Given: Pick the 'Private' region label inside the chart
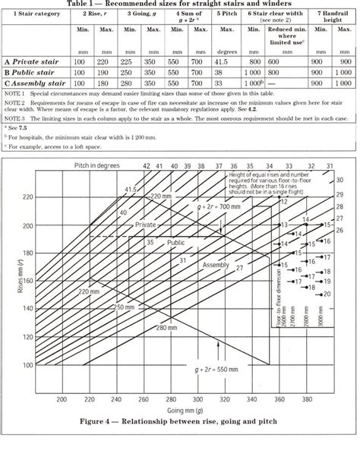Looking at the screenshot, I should (x=147, y=225).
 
